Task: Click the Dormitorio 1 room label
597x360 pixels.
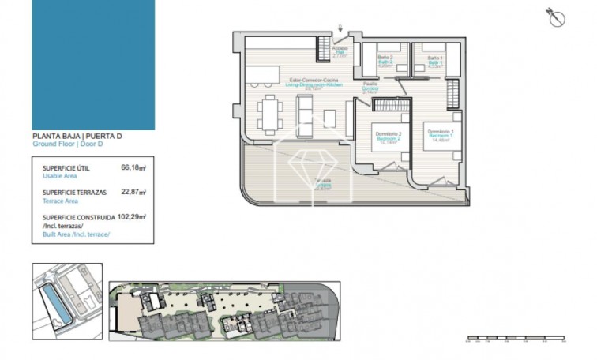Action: pos(438,133)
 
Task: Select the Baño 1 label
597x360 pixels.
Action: pos(434,61)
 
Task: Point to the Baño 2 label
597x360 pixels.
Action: pos(385,61)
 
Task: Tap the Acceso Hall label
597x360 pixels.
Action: pos(340,51)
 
